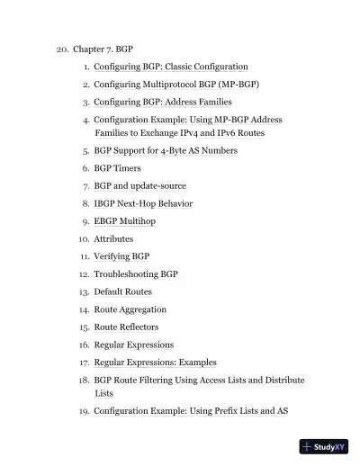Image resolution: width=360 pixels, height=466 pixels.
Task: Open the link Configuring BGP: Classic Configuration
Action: pyautogui.click(x=171, y=67)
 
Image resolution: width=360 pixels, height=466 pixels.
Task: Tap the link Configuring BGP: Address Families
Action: pyautogui.click(x=163, y=102)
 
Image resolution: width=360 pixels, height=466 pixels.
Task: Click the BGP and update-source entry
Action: pyautogui.click(x=140, y=185)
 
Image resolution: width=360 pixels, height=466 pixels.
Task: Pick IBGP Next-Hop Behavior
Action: pyautogui.click(x=143, y=203)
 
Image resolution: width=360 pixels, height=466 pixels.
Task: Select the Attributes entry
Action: pyautogui.click(x=113, y=238)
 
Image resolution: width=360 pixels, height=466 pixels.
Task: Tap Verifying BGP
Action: pyautogui.click(x=121, y=256)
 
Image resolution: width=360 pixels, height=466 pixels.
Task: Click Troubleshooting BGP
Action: pyautogui.click(x=136, y=273)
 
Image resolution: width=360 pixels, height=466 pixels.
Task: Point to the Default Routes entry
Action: pyautogui.click(x=123, y=291)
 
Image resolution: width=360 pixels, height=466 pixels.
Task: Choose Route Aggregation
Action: pyautogui.click(x=130, y=309)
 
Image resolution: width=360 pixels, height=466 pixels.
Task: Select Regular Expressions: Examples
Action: pyautogui.click(x=156, y=362)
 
